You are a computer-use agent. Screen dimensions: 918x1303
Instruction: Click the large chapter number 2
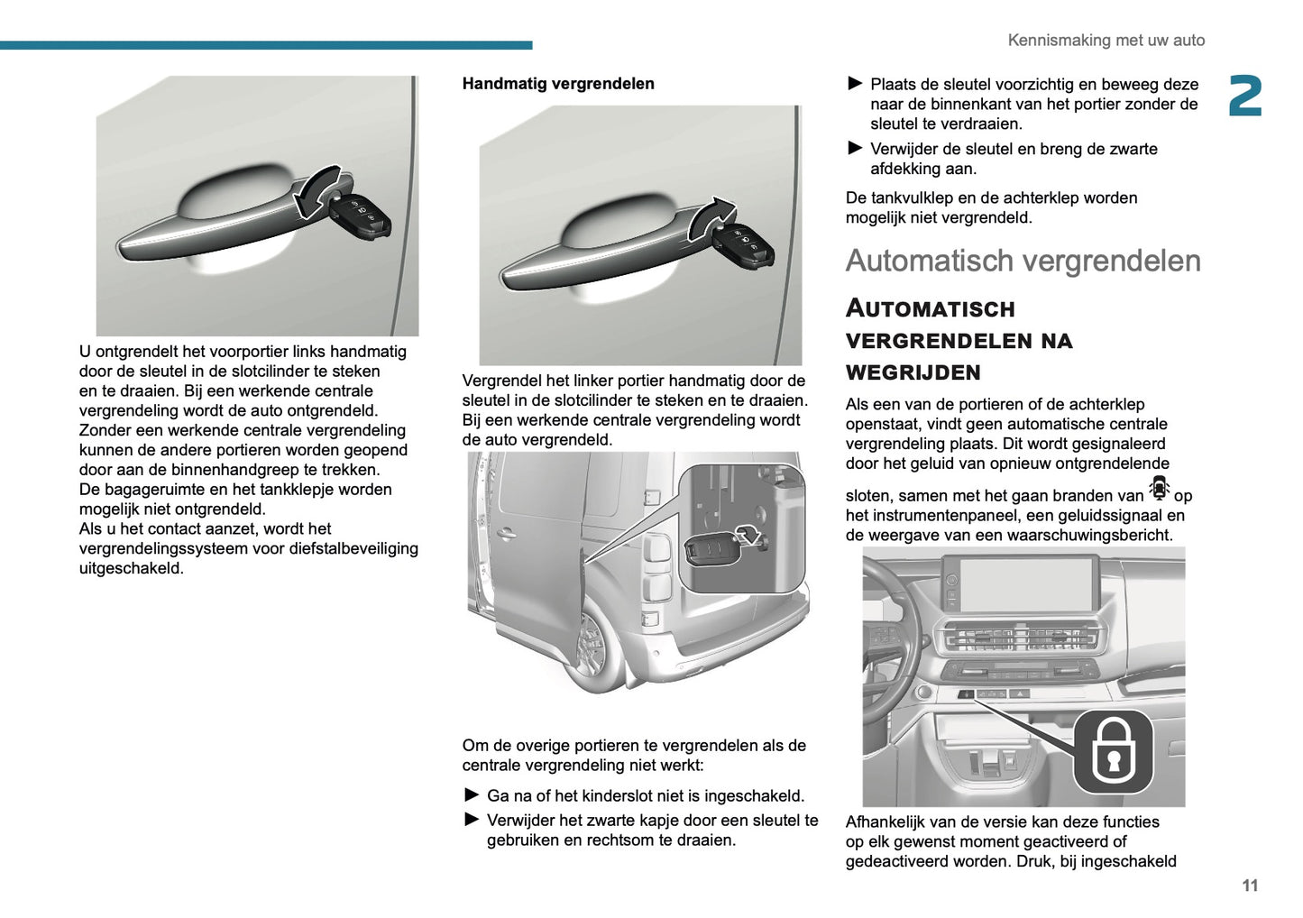[1245, 96]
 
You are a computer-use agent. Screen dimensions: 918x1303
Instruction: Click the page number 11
[1249, 886]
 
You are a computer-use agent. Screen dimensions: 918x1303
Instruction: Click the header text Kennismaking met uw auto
[1106, 41]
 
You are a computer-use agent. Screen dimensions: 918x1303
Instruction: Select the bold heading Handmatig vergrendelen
[558, 84]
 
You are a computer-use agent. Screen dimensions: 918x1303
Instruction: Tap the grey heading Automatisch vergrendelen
[1023, 262]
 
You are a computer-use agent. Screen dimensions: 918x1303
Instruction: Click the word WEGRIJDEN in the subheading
[913, 372]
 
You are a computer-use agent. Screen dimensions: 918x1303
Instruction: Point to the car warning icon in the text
[1159, 490]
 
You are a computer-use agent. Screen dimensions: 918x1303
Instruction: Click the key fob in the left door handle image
[361, 216]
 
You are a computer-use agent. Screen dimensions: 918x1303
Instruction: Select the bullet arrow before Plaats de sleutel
[855, 84]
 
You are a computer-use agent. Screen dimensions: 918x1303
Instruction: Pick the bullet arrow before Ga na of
[472, 794]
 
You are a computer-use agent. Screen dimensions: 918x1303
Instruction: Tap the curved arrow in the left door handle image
[317, 192]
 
